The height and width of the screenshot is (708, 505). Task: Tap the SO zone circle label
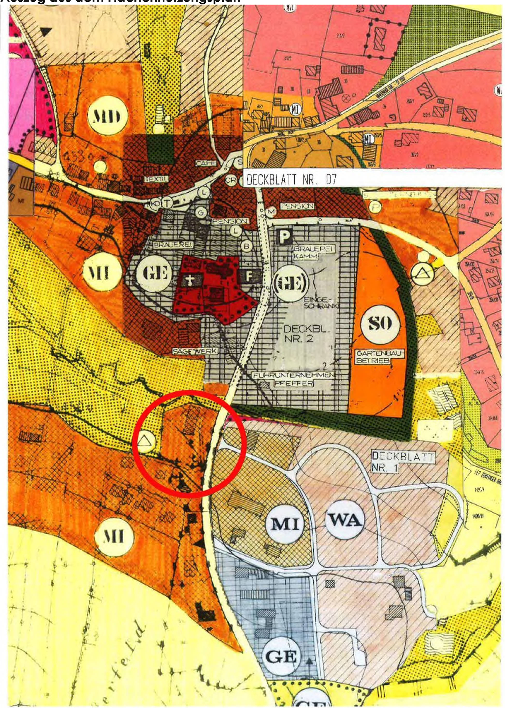380,324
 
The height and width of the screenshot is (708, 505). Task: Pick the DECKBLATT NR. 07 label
291,180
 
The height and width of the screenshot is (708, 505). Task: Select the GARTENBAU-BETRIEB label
379,357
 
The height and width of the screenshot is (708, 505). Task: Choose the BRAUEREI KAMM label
313,252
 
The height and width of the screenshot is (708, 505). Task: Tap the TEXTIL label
156,179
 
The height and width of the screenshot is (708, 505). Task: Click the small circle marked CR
231,180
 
